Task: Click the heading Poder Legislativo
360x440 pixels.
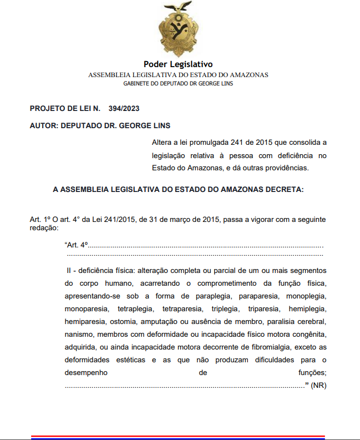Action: (178, 64)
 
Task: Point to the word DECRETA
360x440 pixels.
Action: (284, 189)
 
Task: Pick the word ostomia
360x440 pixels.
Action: (121, 322)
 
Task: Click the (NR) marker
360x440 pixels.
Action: (318, 385)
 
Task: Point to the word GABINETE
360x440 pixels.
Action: (138, 84)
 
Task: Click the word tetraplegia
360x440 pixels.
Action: (131, 308)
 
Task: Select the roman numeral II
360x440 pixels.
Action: (69, 270)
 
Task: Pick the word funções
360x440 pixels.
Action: (311, 372)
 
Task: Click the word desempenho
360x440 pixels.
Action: (85, 372)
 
